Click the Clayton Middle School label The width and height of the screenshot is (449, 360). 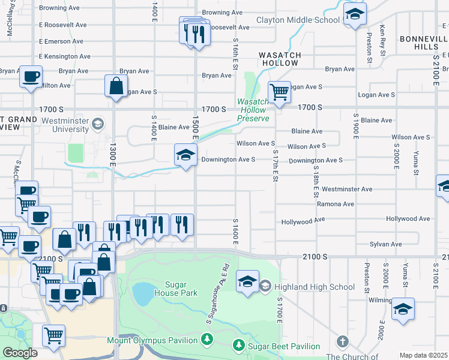[x=298, y=20]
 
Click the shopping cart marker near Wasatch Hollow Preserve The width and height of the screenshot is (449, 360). [x=279, y=93]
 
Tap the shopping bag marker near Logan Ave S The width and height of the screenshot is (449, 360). [x=116, y=86]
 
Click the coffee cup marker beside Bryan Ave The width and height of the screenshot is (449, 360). [x=31, y=77]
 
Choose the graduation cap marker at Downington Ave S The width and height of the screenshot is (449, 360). [x=185, y=156]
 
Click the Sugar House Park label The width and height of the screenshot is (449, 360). [x=175, y=289]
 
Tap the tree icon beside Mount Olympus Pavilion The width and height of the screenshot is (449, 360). [x=207, y=340]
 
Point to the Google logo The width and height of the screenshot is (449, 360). [x=20, y=352]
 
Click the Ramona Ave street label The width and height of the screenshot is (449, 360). [x=335, y=204]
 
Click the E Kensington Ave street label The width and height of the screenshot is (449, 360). [x=65, y=56]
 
